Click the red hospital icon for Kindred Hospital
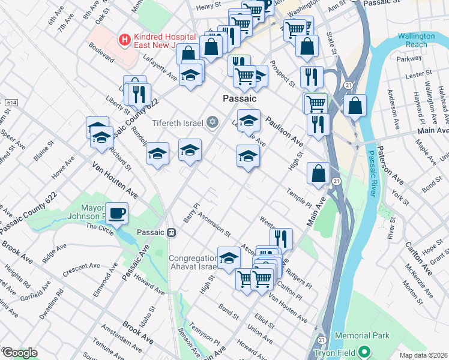[x=125, y=40]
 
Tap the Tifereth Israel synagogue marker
[x=211, y=122]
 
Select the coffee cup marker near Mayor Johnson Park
[x=116, y=213]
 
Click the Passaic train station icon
[x=171, y=232]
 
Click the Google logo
[x=19, y=353]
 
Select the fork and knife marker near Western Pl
[x=281, y=238]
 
